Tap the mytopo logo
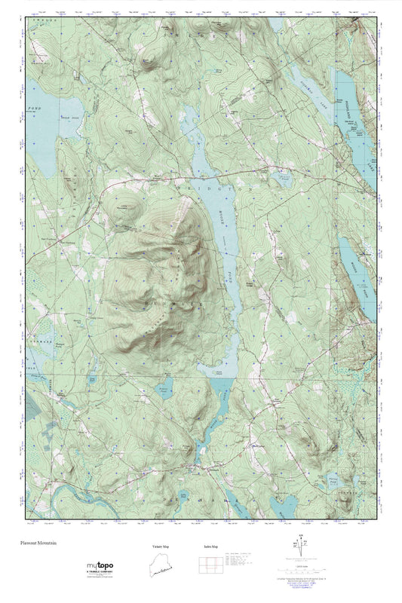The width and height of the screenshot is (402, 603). (x=100, y=565)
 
